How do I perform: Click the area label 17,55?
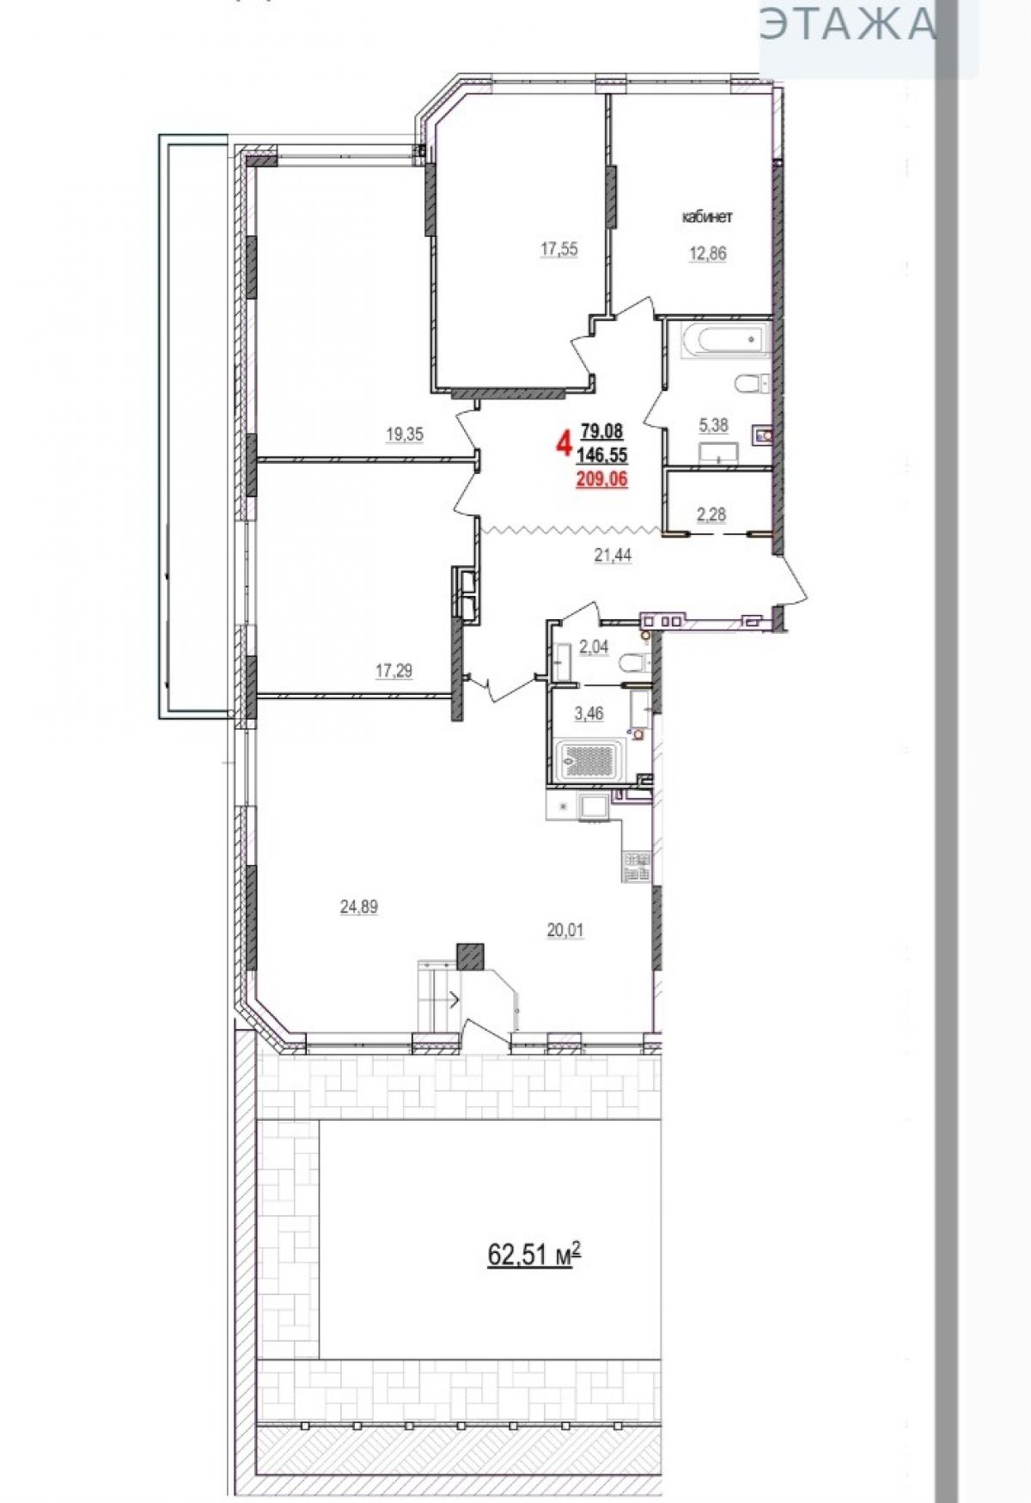point(558,250)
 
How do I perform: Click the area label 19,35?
point(405,435)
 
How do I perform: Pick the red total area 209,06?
point(601,480)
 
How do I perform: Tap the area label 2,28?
point(711,514)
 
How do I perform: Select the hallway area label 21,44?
point(613,556)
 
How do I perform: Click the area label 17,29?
point(393,672)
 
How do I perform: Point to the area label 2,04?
point(594,648)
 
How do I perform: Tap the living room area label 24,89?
point(359,906)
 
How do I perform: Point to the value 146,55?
point(602,455)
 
